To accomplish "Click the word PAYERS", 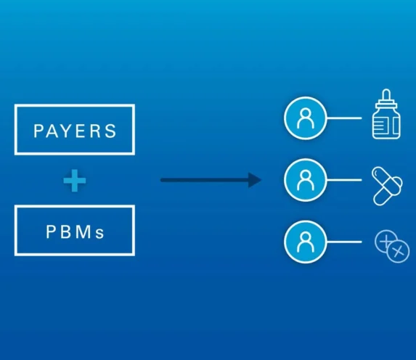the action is (75, 131).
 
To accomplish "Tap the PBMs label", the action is (75, 232).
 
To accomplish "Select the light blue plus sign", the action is (75, 181).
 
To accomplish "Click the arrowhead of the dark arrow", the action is (255, 180).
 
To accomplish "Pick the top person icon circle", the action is (305, 118).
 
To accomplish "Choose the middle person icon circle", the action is (305, 180).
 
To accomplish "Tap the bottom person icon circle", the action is (305, 242).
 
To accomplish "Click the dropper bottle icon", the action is (386, 114).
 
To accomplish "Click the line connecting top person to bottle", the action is (344, 118).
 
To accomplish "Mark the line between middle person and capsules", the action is (344, 180).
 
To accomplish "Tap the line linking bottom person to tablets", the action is (344, 242).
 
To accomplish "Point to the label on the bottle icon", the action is (381, 126).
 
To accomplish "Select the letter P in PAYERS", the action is (38, 131).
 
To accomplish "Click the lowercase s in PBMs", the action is (100, 234).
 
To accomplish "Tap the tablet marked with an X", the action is (398, 251).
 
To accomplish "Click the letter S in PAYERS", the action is (110, 131).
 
